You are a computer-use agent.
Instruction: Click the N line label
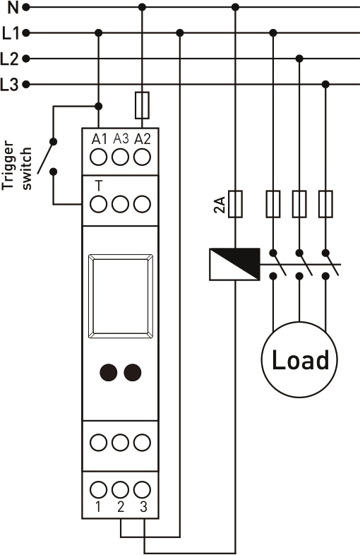pos(13,7)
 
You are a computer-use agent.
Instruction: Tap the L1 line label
pos(11,33)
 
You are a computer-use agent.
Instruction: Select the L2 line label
pos(10,59)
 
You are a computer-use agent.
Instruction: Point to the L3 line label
pos(10,85)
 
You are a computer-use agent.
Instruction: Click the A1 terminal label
pos(99,140)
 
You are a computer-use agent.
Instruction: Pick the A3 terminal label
pos(121,139)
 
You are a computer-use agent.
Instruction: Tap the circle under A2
pos(143,157)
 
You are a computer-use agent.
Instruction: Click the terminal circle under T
pos(98,204)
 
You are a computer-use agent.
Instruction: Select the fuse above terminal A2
pos(143,105)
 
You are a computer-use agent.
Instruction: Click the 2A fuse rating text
pos(220,205)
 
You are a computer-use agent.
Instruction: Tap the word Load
pos(300,360)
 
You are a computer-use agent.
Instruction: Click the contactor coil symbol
pos(234,264)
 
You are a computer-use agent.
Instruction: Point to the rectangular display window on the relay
pos(121,296)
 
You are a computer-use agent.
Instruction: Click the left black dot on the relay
pos(108,372)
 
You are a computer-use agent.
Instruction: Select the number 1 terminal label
pos(98,507)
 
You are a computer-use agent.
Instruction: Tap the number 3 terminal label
pos(143,507)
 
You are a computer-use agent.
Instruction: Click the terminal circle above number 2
pos(121,490)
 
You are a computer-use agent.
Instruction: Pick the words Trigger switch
pos(17,165)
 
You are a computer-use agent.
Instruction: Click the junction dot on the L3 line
pos(326,84)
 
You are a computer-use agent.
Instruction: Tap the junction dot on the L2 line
pos(299,59)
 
